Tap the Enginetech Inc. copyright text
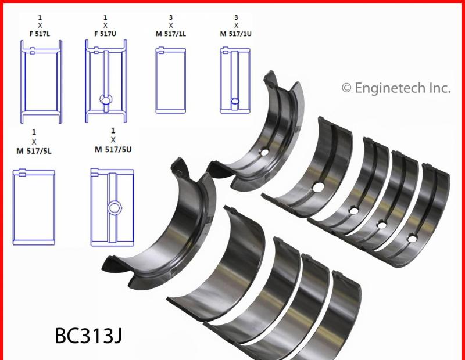click(x=395, y=88)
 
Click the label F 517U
click(x=106, y=33)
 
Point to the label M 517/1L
click(x=171, y=33)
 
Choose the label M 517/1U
click(x=236, y=33)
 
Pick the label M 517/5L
click(x=34, y=150)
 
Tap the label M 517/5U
click(x=113, y=150)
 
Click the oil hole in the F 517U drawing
click(x=106, y=100)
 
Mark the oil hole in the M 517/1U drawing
click(x=235, y=101)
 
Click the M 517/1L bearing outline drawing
click(x=171, y=80)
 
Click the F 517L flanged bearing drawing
click(x=41, y=81)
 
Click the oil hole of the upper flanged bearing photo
click(x=265, y=153)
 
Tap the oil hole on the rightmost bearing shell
click(x=412, y=238)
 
